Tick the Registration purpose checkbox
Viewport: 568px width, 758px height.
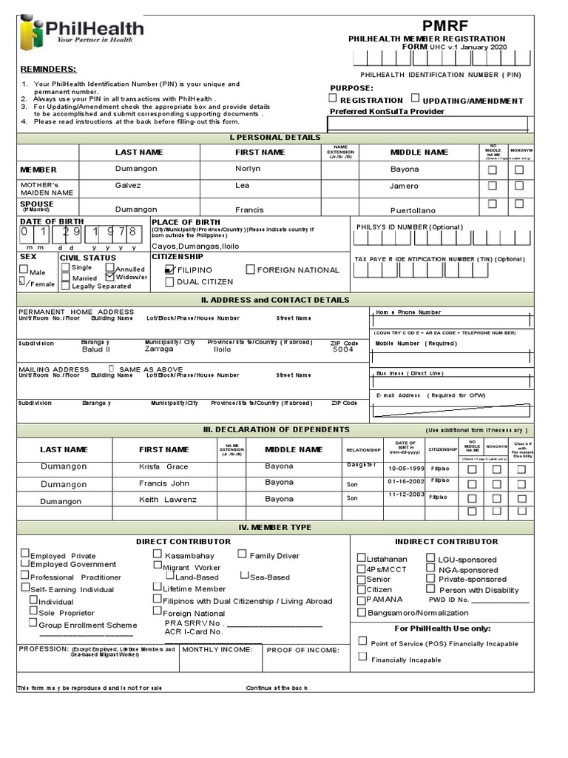click(334, 98)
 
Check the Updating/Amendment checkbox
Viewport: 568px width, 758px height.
click(416, 98)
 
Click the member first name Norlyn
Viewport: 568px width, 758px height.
click(248, 170)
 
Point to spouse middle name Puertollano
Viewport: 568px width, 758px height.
click(413, 210)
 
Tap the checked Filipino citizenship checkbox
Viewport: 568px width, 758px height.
click(170, 269)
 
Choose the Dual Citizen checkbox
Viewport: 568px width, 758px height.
click(170, 282)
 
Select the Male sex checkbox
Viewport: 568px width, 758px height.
click(23, 271)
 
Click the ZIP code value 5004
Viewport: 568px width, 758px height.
click(343, 350)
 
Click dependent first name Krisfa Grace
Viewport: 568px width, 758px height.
click(163, 467)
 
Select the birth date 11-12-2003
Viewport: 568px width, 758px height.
click(406, 494)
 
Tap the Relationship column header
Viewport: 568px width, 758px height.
click(362, 450)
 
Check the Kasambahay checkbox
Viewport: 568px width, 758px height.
click(158, 554)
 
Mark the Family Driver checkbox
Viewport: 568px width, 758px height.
click(243, 554)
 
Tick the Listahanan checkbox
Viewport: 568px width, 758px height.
click(361, 558)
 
